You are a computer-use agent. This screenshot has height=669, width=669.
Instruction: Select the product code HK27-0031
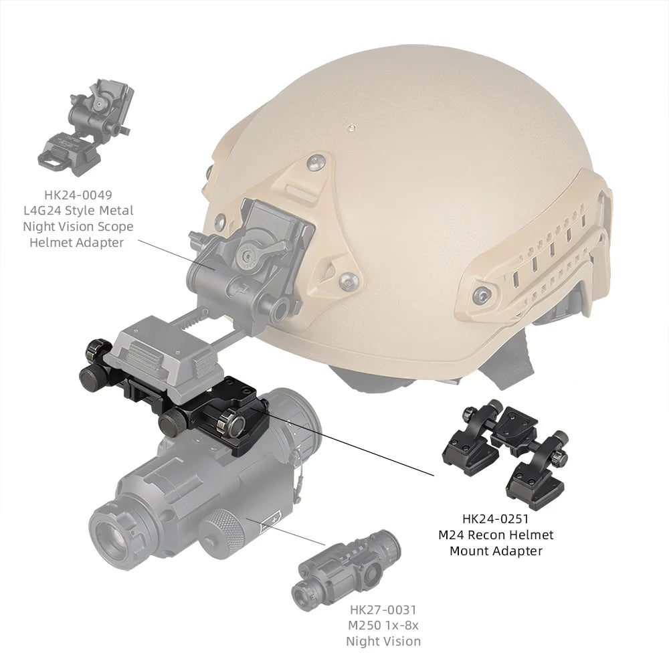coord(383,609)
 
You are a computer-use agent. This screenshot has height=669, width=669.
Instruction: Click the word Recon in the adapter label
coord(492,535)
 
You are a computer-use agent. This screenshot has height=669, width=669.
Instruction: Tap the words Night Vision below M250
coord(383,641)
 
